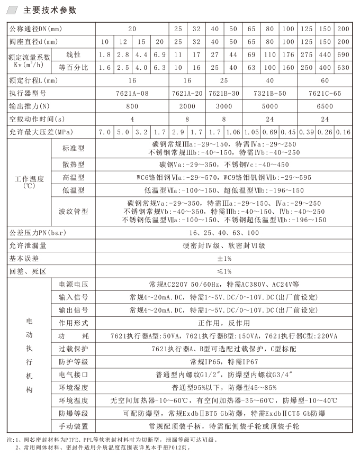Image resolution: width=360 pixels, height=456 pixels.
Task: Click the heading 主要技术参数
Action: point(50,10)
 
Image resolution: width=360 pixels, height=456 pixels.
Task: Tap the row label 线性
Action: point(74,54)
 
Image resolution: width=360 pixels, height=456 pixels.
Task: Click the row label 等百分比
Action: point(74,67)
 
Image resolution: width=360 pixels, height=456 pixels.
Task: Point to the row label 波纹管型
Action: point(74,211)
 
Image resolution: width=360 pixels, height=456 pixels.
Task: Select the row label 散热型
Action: point(74,165)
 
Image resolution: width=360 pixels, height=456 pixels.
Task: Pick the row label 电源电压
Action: point(74,284)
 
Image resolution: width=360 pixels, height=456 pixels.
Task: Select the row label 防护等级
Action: point(74,361)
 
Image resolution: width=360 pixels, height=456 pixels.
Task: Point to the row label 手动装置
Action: point(74,426)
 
